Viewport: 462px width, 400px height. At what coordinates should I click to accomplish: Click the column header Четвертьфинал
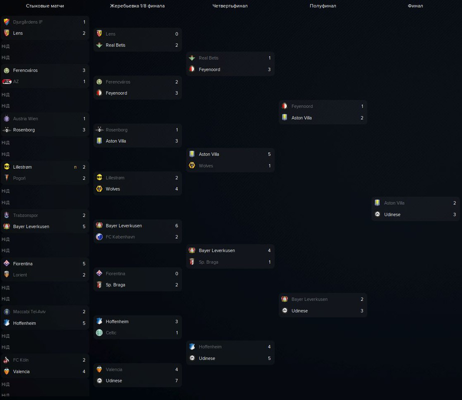coord(230,6)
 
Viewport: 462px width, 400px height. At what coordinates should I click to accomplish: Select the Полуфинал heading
coord(323,6)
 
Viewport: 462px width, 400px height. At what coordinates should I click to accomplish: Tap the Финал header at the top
coord(415,6)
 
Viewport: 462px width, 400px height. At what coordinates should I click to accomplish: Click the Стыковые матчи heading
coord(45,6)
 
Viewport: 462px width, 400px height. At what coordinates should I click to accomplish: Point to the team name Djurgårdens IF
coord(28,22)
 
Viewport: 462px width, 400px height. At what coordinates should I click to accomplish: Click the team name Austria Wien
coord(26,119)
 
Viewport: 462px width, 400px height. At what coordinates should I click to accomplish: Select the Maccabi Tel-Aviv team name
coord(29,312)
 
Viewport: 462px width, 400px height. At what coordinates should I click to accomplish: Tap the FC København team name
coord(120,237)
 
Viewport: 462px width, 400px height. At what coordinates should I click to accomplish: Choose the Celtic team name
coord(112,333)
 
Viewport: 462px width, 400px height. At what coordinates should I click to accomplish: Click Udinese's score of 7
coord(177,381)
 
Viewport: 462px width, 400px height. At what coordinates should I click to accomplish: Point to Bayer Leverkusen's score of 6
coord(177,226)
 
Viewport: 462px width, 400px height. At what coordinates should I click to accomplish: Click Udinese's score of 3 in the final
coord(454,214)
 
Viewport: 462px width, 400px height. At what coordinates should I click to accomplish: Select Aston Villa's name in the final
coord(394,203)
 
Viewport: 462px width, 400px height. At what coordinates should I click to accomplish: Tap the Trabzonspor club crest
coord(7,215)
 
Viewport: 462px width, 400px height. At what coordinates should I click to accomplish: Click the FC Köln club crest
coord(7,360)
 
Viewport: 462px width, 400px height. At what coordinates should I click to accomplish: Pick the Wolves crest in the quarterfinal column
coord(192,166)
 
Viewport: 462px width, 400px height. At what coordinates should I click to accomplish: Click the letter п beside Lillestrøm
coord(76,167)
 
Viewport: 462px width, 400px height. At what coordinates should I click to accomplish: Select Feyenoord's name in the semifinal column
coord(302,106)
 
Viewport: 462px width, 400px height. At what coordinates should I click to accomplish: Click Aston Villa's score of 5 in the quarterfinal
coord(269,154)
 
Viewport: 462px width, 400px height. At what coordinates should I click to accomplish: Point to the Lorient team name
coord(20,275)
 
